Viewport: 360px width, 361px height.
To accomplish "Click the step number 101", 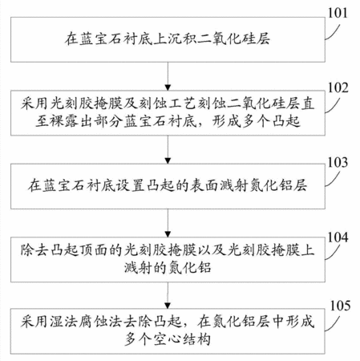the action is [338, 13].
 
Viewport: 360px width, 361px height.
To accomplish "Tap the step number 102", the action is [338, 87].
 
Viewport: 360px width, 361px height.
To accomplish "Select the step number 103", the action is [338, 162].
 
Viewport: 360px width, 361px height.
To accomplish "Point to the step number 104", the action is [338, 237].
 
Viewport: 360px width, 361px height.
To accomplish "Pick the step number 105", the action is [340, 306].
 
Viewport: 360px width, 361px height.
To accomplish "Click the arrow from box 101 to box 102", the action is [168, 76].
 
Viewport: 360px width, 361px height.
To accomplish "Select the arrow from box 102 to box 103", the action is [168, 149].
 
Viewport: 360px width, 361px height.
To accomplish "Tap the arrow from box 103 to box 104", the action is [168, 223].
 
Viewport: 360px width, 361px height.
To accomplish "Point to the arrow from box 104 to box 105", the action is [168, 295].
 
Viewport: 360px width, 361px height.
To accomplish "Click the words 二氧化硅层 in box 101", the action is [234, 39].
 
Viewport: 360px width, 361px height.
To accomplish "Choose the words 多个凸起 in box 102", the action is [271, 122].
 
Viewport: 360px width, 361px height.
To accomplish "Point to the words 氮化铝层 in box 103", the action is [278, 185].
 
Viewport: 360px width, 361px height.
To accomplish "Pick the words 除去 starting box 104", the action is [35, 250].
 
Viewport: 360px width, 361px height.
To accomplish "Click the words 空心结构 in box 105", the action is [181, 339].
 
